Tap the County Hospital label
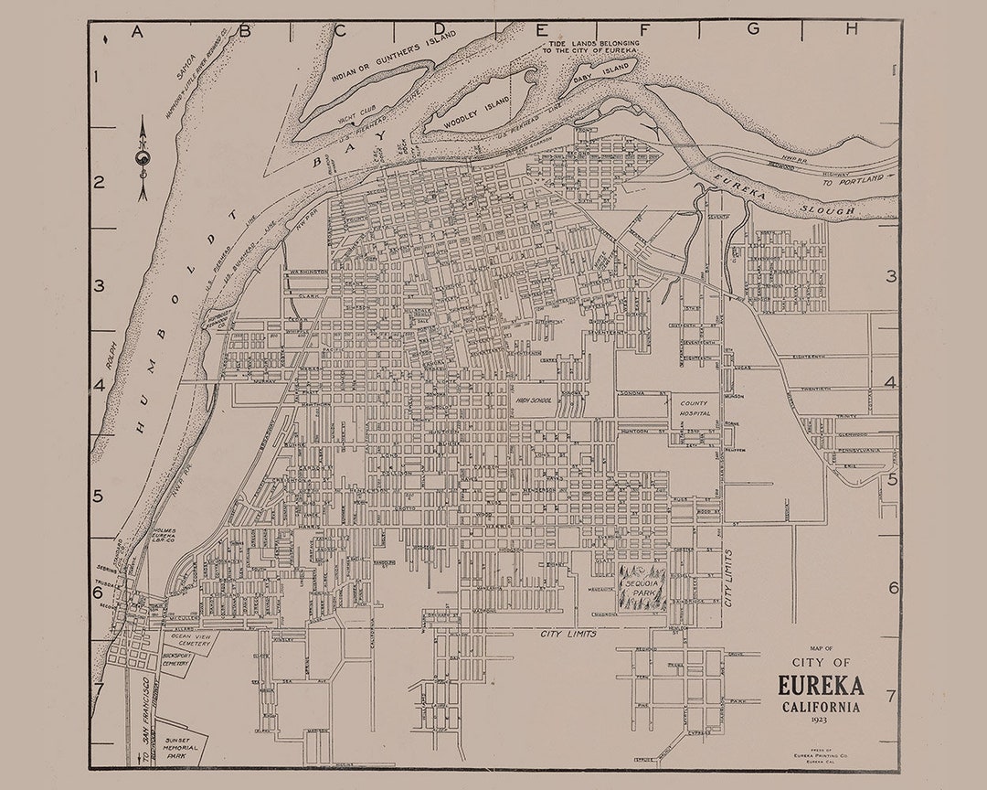(694, 407)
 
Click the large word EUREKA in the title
(820, 686)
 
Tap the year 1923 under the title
(820, 721)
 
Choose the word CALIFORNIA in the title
(820, 707)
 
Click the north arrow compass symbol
(143, 160)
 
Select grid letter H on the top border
(851, 29)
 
